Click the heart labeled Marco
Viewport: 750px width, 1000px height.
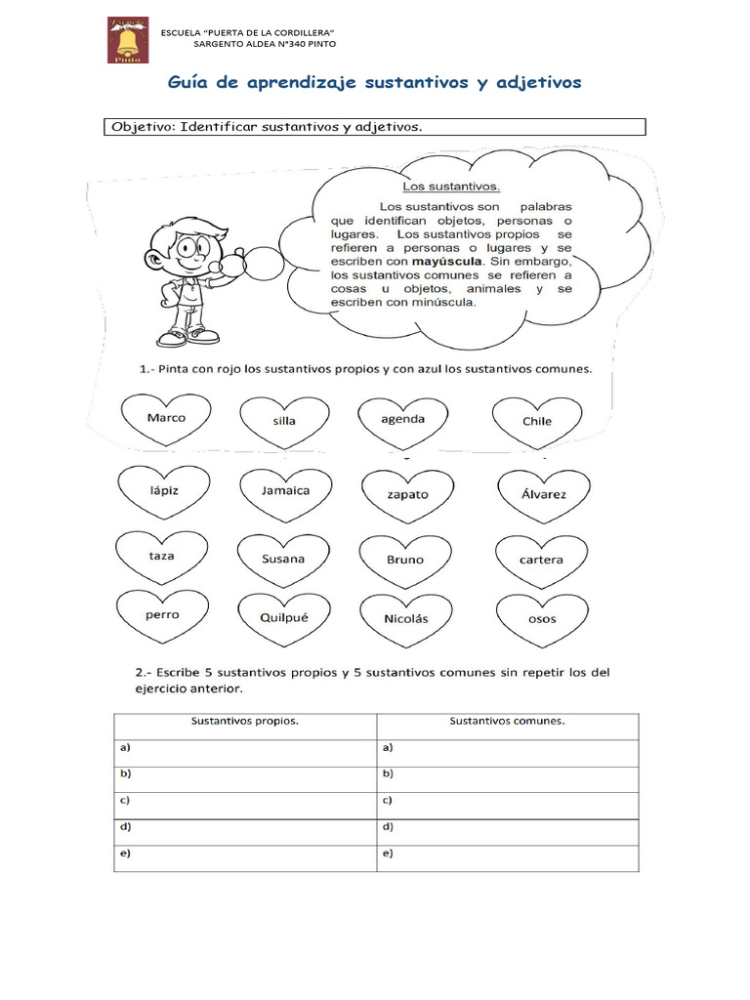166,419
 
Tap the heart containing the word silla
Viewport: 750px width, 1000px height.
284,422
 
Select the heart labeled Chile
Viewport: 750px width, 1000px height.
537,422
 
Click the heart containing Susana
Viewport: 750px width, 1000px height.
283,560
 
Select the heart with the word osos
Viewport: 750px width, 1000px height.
542,619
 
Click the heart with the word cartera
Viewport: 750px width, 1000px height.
542,561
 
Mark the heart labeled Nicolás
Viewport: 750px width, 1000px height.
405,619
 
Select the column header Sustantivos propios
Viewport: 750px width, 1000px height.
244,723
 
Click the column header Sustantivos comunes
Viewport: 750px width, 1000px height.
507,723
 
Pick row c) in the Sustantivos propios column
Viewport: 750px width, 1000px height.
244,801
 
